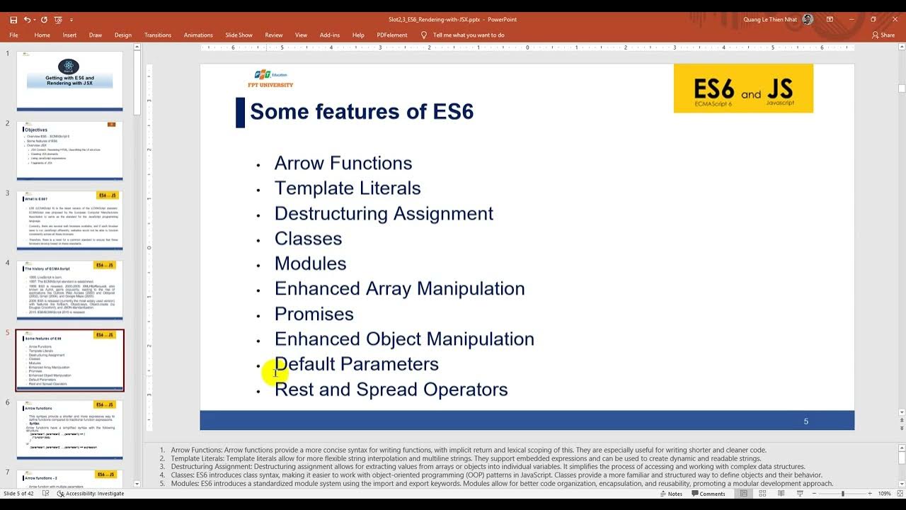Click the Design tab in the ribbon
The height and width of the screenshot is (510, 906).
(123, 35)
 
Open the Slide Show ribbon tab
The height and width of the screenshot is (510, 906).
(239, 35)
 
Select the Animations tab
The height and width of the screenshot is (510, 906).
(198, 35)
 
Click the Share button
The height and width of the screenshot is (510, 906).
(883, 35)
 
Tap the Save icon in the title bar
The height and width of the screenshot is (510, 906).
(13, 20)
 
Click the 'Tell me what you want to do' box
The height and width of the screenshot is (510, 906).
(468, 35)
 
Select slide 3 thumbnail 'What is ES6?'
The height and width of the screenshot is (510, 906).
(69, 220)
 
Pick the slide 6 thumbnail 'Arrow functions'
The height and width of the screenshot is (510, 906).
(69, 430)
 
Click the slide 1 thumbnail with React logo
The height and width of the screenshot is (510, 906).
(69, 80)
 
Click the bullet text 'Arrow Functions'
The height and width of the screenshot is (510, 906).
(343, 163)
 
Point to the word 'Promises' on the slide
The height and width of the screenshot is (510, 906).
(314, 314)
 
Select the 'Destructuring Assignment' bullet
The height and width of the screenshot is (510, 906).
(384, 213)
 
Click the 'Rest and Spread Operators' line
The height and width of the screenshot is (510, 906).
(391, 390)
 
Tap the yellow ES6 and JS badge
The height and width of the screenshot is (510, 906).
(743, 89)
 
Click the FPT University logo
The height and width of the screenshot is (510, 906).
(270, 79)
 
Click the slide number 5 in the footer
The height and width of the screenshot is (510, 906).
(805, 421)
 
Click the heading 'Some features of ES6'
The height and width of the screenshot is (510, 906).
(361, 112)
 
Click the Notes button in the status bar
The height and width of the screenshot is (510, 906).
(671, 494)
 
